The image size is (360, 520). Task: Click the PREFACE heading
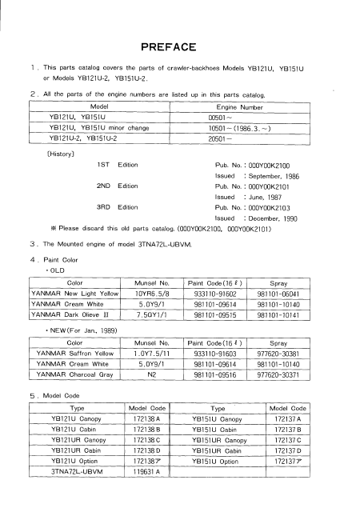pyautogui.click(x=179, y=46)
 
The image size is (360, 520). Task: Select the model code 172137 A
pyautogui.click(x=286, y=418)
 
